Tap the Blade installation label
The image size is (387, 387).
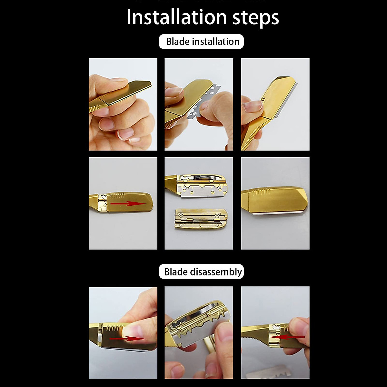click(202, 42)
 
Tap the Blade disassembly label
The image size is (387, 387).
click(202, 272)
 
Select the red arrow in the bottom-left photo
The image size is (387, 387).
click(127, 338)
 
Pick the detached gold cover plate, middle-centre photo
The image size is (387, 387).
click(201, 219)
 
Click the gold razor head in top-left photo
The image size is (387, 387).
click(129, 92)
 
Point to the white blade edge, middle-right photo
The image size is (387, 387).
click(277, 213)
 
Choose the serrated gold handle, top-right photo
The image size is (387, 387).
click(253, 135)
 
